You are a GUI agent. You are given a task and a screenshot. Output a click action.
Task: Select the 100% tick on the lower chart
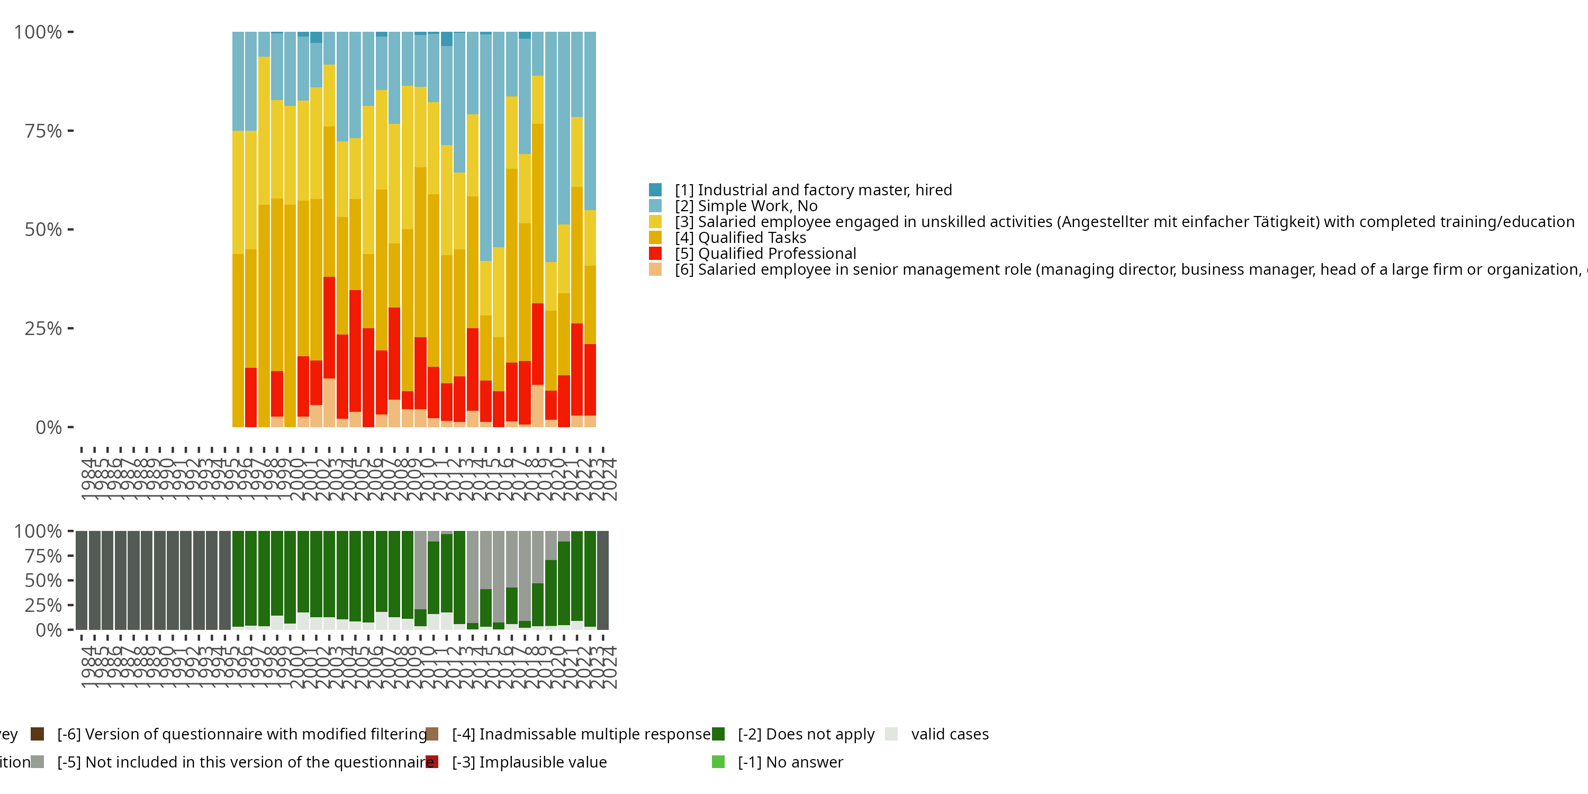coord(38,531)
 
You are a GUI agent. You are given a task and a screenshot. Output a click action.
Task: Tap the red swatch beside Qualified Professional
coord(655,254)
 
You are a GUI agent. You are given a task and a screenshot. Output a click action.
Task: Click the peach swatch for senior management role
coord(655,269)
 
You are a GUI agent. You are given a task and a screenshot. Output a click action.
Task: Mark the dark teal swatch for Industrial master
coord(655,190)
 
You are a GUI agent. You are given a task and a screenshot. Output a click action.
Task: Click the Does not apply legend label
coord(806,734)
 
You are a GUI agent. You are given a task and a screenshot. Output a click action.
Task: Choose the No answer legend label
coord(790,762)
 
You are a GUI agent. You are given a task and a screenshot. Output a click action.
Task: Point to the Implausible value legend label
coord(529,762)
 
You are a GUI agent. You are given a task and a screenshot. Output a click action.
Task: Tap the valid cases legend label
coord(949,734)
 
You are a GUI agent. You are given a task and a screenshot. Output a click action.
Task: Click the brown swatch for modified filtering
coord(38,734)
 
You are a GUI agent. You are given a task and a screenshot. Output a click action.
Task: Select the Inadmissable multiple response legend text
coord(581,734)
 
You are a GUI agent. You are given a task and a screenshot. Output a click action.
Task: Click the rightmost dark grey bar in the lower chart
coord(603,580)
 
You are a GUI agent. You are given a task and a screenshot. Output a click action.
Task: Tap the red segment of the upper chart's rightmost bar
coord(590,379)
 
